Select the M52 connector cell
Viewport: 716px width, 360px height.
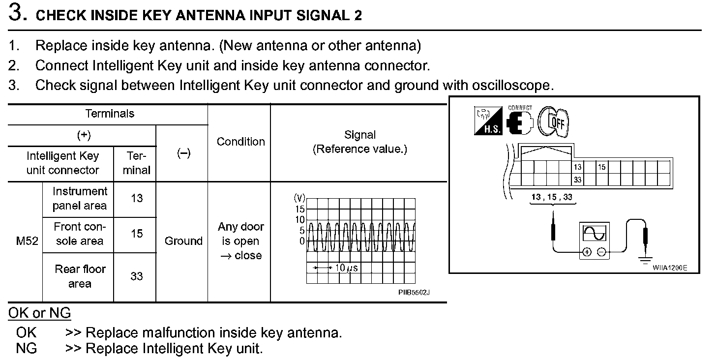tap(27, 241)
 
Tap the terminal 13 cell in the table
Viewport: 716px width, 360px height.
tap(136, 198)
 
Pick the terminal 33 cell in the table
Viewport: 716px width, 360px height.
tap(136, 276)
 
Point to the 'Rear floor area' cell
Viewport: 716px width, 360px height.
tap(80, 276)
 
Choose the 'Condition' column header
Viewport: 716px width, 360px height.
tap(240, 142)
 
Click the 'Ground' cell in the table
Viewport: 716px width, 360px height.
tap(183, 241)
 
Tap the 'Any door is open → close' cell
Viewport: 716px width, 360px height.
tap(241, 241)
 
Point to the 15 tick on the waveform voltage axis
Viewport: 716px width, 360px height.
tap(299, 209)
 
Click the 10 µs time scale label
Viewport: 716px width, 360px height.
tap(346, 268)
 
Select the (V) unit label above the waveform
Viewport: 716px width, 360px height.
tap(299, 198)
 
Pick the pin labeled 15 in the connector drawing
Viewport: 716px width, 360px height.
tap(601, 167)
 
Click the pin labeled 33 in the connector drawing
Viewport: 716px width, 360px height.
tap(577, 180)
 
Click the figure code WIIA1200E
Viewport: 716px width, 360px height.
tap(669, 268)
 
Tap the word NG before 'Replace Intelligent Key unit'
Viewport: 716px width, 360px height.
tap(26, 349)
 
